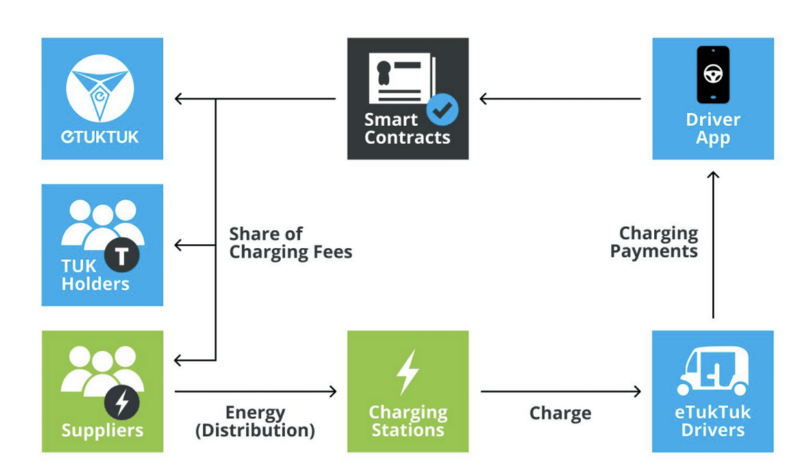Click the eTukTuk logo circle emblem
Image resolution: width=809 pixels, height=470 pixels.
pos(100,88)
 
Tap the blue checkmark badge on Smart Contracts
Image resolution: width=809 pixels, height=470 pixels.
pos(442,109)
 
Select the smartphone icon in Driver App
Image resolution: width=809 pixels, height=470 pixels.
pos(713,75)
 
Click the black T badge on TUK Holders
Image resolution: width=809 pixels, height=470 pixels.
pos(122,255)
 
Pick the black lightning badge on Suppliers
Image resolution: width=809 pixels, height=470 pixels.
pos(122,402)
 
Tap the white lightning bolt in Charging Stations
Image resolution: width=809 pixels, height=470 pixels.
pos(408,372)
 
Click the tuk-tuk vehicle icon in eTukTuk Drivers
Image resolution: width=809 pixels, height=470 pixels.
pos(712,371)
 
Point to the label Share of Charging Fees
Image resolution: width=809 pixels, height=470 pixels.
pos(291,243)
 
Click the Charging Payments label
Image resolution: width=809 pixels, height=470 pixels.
pos(654,242)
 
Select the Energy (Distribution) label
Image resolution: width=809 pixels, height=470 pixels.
pos(255,422)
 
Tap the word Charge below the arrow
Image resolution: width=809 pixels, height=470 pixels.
pos(560,413)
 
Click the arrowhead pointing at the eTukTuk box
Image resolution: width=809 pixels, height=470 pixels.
pos(178,99)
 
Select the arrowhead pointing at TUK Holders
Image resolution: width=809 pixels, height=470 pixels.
pos(178,245)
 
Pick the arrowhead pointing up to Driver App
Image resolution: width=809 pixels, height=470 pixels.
pos(713,175)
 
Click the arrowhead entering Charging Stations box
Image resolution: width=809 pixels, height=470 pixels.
pos(333,391)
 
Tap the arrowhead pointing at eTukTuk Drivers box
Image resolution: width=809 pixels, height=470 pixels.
pos(637,391)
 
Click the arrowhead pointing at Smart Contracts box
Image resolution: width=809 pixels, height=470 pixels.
pos(483,99)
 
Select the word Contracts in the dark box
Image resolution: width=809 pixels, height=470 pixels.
pos(407,138)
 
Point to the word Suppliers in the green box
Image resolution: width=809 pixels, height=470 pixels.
pos(102,431)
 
